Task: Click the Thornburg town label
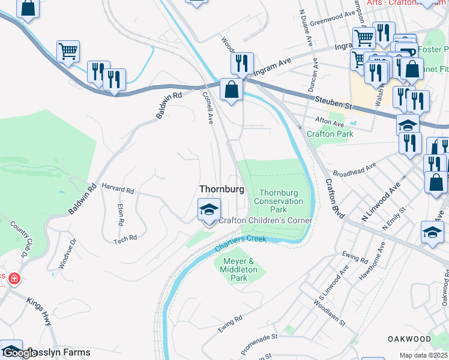click(x=221, y=189)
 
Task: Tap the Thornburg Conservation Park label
click(x=278, y=202)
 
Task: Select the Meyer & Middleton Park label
click(x=239, y=270)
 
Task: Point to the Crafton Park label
click(x=330, y=134)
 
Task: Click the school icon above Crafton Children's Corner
click(x=209, y=211)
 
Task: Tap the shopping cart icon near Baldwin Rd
click(x=68, y=52)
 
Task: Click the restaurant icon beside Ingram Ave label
click(x=242, y=63)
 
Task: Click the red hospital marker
click(x=13, y=279)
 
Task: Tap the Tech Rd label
click(x=125, y=238)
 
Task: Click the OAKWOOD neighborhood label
click(x=410, y=339)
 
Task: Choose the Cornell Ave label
click(x=208, y=107)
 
